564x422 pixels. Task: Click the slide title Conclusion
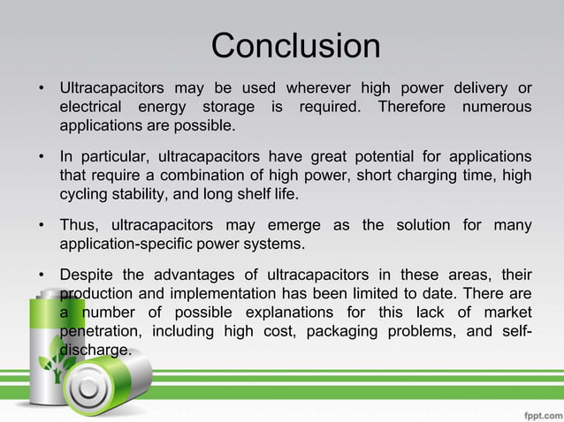[295, 47]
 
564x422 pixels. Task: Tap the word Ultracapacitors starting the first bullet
[111, 88]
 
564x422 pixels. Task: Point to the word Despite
[88, 275]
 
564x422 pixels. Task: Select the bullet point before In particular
[42, 157]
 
